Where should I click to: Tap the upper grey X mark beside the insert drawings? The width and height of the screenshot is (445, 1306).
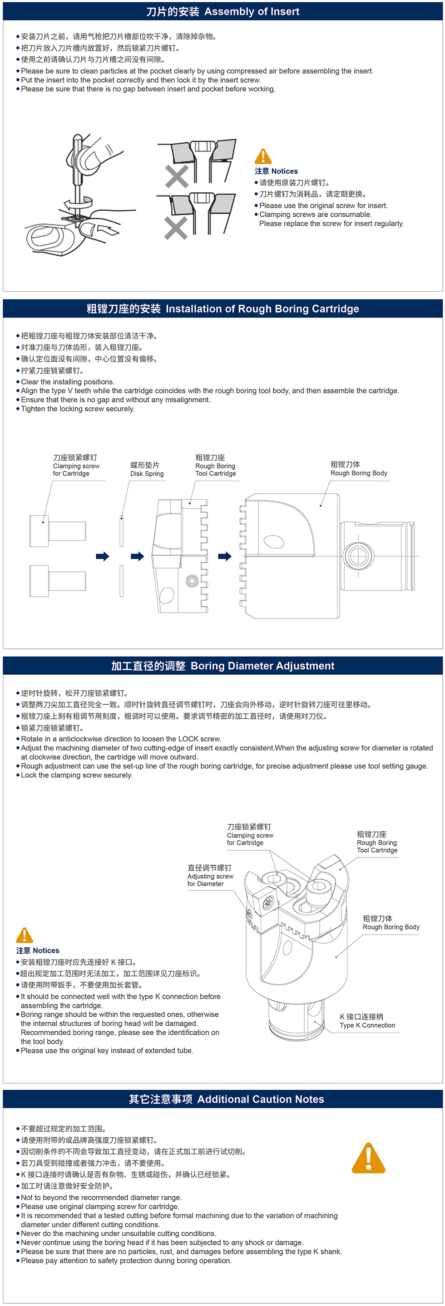click(177, 176)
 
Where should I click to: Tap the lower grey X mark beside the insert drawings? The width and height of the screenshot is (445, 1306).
click(176, 228)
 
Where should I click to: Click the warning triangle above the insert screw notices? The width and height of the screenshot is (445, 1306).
click(262, 156)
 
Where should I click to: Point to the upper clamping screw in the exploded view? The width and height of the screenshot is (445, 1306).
click(57, 530)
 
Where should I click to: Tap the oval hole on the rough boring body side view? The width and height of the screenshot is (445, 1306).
click(274, 542)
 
